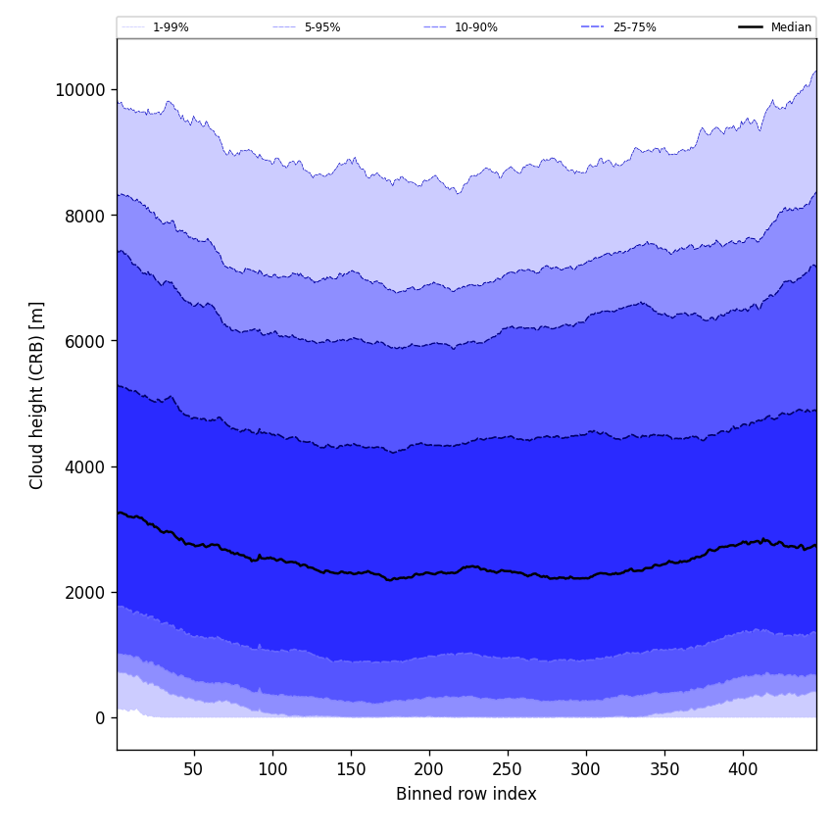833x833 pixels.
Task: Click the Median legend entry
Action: point(791,27)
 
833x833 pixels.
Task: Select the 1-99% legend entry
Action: point(171,27)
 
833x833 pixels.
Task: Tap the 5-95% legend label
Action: point(322,27)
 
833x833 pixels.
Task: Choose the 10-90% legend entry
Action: point(475,27)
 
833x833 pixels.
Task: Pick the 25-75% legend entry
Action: point(634,27)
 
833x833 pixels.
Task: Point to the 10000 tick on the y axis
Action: point(79,90)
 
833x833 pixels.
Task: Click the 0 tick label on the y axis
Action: point(99,717)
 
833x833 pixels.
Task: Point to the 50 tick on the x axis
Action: point(193,769)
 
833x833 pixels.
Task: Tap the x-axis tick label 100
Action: point(272,769)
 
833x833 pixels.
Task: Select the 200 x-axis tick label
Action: point(429,769)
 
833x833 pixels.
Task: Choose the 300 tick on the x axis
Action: point(586,769)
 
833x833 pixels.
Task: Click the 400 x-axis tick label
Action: point(743,769)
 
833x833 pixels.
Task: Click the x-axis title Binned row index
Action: point(466,794)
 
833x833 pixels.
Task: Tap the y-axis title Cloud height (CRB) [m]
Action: point(37,395)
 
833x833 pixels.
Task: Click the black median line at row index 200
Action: point(429,573)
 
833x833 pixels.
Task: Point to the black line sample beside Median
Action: point(751,27)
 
